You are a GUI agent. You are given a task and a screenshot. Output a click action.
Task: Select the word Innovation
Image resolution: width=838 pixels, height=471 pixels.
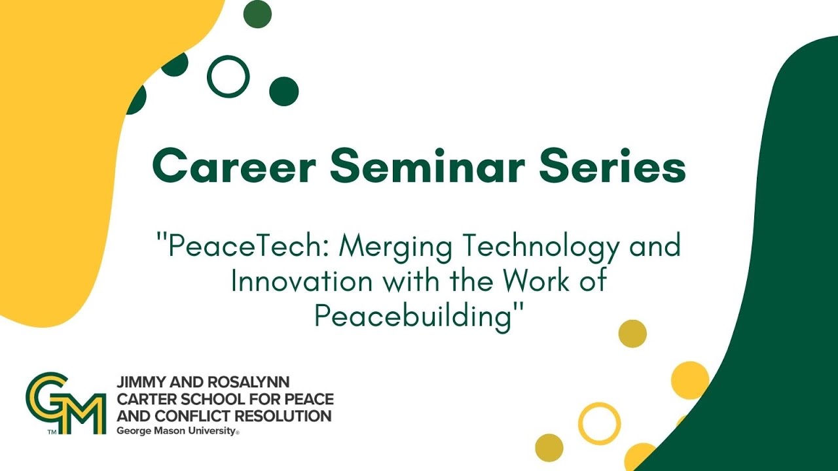[302, 282]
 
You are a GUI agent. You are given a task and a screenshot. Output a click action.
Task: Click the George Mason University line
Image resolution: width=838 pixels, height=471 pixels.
[175, 430]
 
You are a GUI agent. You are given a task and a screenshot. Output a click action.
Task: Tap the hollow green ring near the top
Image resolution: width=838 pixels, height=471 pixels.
[228, 77]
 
